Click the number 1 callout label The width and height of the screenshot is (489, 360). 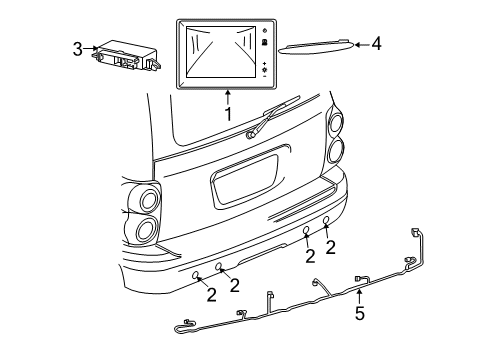tap(228, 114)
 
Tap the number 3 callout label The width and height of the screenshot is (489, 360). tap(77, 48)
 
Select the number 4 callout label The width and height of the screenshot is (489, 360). tap(376, 44)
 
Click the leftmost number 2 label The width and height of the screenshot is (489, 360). tap(211, 293)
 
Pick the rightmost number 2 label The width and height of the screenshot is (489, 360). tap(329, 247)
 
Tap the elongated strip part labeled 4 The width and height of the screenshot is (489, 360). tap(317, 47)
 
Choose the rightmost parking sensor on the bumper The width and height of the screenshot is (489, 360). tap(326, 221)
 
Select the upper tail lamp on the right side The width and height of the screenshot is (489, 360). tap(334, 123)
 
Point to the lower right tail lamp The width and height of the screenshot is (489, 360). tap(334, 150)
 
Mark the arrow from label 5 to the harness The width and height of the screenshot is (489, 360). tap(360, 298)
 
